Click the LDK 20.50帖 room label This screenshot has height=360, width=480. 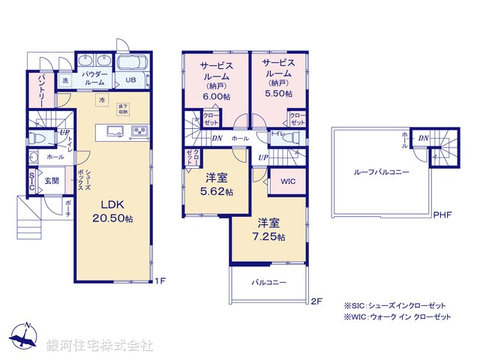tap(113, 211)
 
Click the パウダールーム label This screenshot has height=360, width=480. tap(95, 79)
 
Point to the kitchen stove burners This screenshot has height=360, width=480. tap(140, 132)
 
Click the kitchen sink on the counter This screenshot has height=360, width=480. tap(114, 133)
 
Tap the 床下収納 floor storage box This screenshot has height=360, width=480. tap(123, 109)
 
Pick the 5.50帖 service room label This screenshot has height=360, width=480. tap(277, 77)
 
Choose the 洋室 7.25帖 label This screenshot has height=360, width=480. tap(271, 229)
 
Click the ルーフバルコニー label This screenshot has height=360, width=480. tap(382, 172)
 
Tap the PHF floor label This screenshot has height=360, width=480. tap(443, 215)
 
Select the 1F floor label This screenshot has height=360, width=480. tap(160, 281)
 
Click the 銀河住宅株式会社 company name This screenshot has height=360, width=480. tap(100, 346)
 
